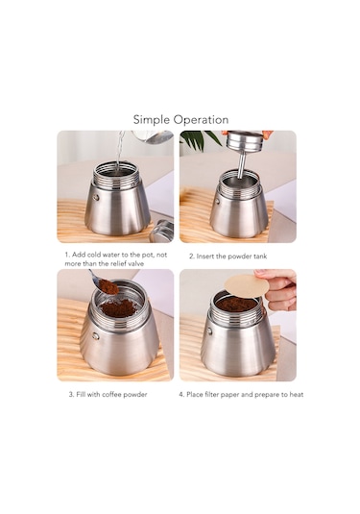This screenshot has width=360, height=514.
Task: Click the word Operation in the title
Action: [x=201, y=120]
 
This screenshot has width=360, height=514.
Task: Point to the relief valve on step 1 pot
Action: [x=95, y=196]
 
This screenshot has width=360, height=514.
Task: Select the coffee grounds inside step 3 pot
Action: [x=119, y=307]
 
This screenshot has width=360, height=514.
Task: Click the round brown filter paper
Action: [x=247, y=285]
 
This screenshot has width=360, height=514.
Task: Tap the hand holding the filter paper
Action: [x=279, y=288]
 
